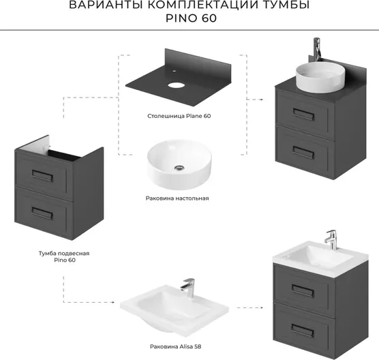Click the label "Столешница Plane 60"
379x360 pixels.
179,116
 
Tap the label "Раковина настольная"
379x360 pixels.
177,198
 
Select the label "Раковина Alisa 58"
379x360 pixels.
175,346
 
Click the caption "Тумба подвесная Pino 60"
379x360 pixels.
64,257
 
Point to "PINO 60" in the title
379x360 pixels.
191,18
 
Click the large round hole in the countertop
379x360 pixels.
176,85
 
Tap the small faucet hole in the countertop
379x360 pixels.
174,72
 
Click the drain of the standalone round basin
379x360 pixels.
179,167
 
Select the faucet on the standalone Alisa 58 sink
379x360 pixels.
188,288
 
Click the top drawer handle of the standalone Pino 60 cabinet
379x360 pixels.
42,175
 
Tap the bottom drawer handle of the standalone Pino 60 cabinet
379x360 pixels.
42,213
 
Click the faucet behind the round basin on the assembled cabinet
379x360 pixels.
317,49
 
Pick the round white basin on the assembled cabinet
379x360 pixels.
317,77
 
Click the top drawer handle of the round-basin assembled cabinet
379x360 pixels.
304,115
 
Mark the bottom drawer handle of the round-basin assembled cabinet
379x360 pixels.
303,153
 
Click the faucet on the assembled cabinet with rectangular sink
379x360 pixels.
331,239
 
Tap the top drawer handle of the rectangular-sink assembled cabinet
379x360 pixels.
303,290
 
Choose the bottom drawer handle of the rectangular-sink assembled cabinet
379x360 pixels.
303,331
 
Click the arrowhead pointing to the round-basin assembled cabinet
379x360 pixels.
261,100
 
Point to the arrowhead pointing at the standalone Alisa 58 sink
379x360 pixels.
112,302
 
